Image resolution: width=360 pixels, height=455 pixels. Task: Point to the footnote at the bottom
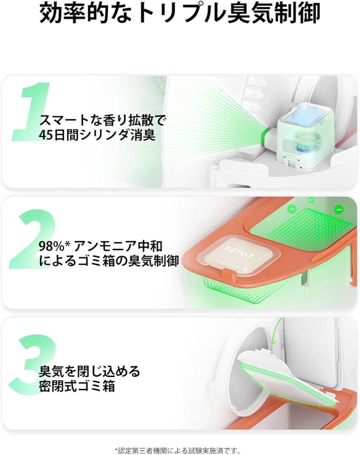pos(180,450)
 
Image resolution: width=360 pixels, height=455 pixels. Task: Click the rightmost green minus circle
pos(339,209)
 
